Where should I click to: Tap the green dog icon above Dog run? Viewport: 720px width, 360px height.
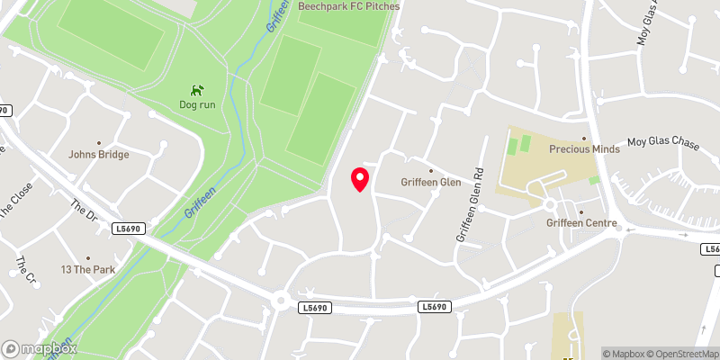click(197, 90)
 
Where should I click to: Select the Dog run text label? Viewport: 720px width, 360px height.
click(197, 104)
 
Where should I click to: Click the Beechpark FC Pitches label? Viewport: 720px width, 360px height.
click(348, 5)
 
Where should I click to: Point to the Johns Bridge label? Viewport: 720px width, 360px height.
click(99, 154)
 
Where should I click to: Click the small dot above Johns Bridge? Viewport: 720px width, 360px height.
click(99, 142)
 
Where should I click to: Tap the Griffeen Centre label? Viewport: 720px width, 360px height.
click(580, 223)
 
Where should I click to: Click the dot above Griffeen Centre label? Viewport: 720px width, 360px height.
click(580, 212)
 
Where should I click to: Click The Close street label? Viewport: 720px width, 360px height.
click(17, 199)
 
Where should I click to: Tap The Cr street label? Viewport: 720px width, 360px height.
click(24, 266)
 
